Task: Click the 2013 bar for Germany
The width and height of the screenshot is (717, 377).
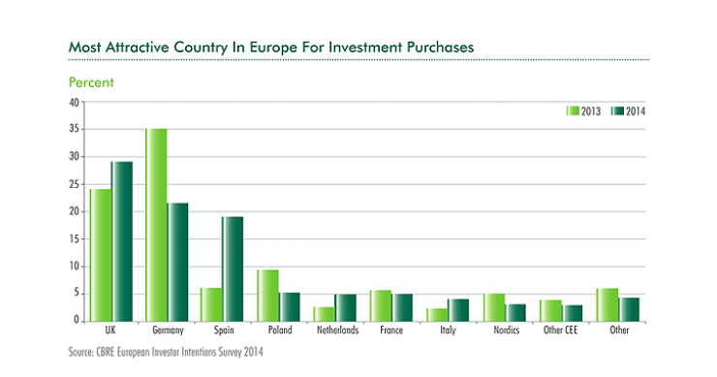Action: click(x=156, y=225)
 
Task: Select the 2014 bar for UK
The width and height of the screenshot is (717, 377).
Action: click(x=121, y=241)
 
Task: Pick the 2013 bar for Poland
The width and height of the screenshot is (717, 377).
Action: click(x=268, y=296)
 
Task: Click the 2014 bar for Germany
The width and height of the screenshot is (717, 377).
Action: click(x=177, y=262)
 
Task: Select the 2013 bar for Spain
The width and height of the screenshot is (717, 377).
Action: click(x=212, y=304)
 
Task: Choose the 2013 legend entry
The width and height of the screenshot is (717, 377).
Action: click(x=583, y=110)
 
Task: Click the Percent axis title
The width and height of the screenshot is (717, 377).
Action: click(x=91, y=82)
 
